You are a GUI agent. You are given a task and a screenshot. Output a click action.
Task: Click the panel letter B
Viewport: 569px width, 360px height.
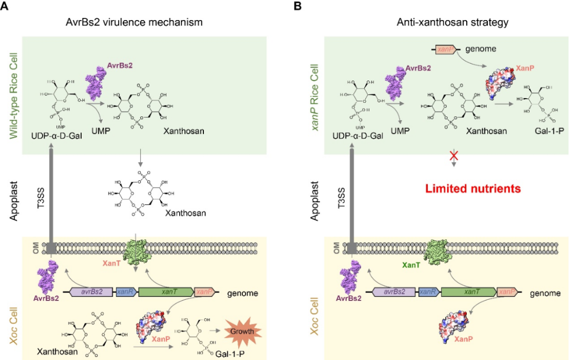(x=298, y=6)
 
